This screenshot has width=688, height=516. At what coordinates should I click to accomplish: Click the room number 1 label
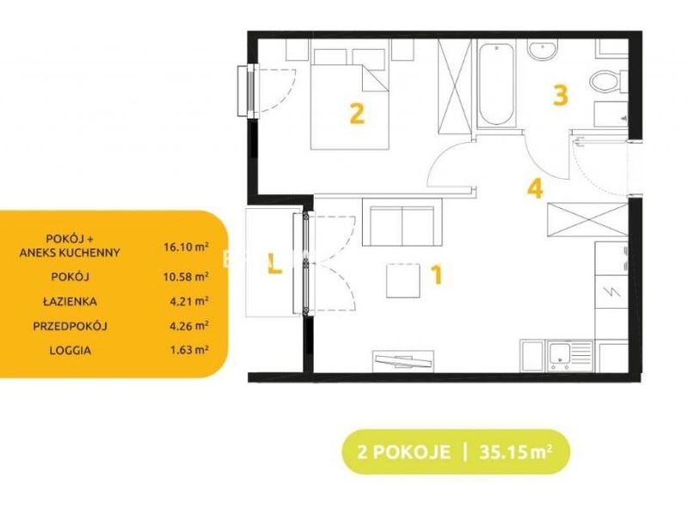437,275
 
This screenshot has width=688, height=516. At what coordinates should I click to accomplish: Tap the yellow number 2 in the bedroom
357,114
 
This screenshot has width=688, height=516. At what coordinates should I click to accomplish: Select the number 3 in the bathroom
561,95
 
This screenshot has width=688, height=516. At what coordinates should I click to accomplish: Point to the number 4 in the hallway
535,188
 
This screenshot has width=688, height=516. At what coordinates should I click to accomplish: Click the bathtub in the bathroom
496,83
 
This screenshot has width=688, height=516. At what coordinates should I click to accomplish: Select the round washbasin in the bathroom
543,50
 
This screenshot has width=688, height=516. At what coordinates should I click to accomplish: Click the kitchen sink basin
560,355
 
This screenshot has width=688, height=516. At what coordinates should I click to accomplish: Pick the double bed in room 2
350,99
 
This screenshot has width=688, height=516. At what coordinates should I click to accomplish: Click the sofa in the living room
402,222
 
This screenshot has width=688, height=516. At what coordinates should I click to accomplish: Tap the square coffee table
403,281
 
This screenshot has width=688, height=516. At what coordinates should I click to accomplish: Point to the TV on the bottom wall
403,361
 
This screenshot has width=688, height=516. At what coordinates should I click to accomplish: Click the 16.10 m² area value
186,247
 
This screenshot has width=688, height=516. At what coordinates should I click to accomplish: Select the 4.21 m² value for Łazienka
189,302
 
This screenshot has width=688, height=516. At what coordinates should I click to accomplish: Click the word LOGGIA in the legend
71,351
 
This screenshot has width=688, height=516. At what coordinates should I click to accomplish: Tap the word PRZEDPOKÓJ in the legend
71,326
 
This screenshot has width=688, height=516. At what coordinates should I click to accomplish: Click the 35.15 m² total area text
515,451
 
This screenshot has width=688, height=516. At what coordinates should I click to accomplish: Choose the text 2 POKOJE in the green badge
403,452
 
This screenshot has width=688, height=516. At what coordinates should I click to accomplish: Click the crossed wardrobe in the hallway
587,219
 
